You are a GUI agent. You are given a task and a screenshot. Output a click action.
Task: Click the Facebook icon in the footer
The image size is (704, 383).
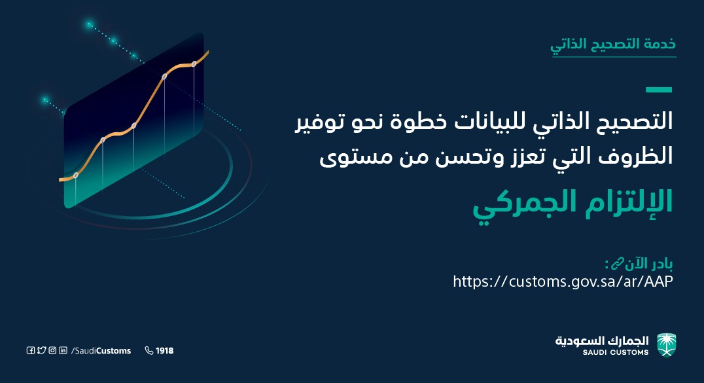31,351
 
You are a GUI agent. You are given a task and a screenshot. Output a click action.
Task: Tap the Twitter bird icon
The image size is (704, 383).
42,350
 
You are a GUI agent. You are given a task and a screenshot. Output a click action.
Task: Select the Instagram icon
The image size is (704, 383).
52,350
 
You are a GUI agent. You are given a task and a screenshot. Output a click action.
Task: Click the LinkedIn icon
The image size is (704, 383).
63,350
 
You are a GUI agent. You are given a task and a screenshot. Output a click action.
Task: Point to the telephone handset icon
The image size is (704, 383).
149,350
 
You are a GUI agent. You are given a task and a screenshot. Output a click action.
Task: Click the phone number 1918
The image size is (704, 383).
164,351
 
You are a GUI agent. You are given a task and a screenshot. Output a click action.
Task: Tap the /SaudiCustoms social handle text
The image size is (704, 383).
101,351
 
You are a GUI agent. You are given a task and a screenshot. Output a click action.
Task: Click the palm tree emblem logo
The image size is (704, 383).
667,345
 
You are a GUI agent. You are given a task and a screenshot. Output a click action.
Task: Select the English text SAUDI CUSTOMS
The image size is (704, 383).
616,352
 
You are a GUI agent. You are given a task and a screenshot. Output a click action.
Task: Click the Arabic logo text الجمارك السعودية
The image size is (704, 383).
602,341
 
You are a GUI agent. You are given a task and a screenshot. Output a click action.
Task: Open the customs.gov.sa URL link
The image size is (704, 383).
563,282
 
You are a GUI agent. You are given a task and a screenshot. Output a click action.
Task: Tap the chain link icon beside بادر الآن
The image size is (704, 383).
618,263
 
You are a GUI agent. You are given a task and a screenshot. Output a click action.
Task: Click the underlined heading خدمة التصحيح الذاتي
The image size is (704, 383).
613,45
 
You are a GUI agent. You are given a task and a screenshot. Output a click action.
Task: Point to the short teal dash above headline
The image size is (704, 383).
659,90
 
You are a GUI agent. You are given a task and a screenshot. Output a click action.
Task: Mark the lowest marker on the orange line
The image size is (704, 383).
76,175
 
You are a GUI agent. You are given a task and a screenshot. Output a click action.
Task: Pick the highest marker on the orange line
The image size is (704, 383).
194,64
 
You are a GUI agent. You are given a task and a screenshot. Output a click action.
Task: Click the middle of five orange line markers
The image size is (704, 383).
133,126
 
